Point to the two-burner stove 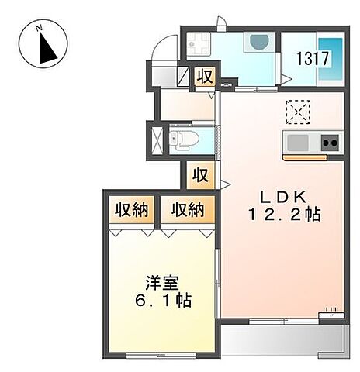point(330,142)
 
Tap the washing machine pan point(199,44)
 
